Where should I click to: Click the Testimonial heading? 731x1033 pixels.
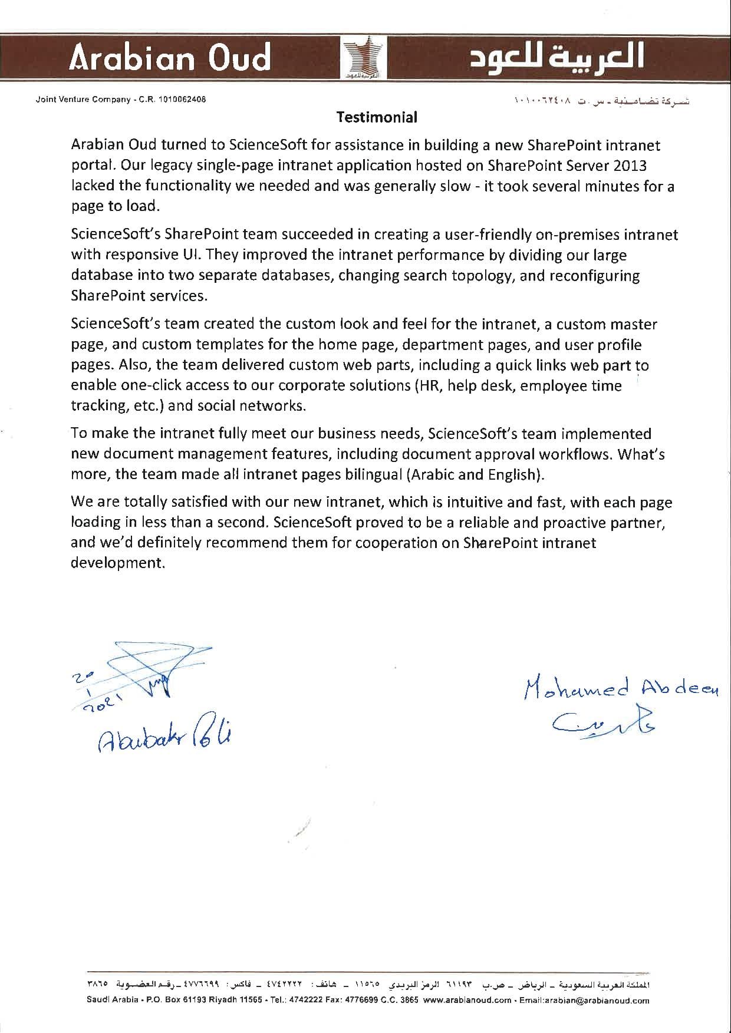377,117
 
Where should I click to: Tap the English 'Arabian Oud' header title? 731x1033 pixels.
170,58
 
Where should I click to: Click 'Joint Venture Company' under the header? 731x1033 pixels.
83,100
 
